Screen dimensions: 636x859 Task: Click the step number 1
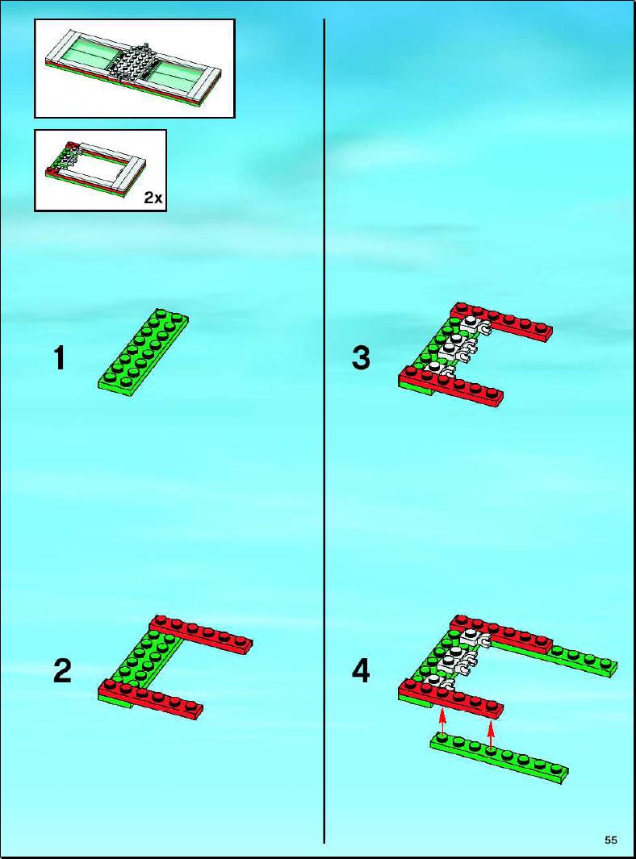tap(60, 358)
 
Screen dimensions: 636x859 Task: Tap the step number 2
tap(62, 670)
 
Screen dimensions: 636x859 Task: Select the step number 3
tap(361, 358)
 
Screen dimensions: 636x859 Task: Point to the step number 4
tap(361, 670)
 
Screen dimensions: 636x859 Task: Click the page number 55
tap(611, 840)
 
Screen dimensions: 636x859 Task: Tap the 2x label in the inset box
tap(153, 198)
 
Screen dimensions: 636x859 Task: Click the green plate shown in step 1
tap(143, 352)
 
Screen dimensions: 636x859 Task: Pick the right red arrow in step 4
tap(491, 734)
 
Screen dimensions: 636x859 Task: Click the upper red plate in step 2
tap(201, 635)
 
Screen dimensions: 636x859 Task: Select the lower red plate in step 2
tap(151, 699)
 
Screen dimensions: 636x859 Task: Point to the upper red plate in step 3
tap(501, 322)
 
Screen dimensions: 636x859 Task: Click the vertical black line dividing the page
tap(324, 431)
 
